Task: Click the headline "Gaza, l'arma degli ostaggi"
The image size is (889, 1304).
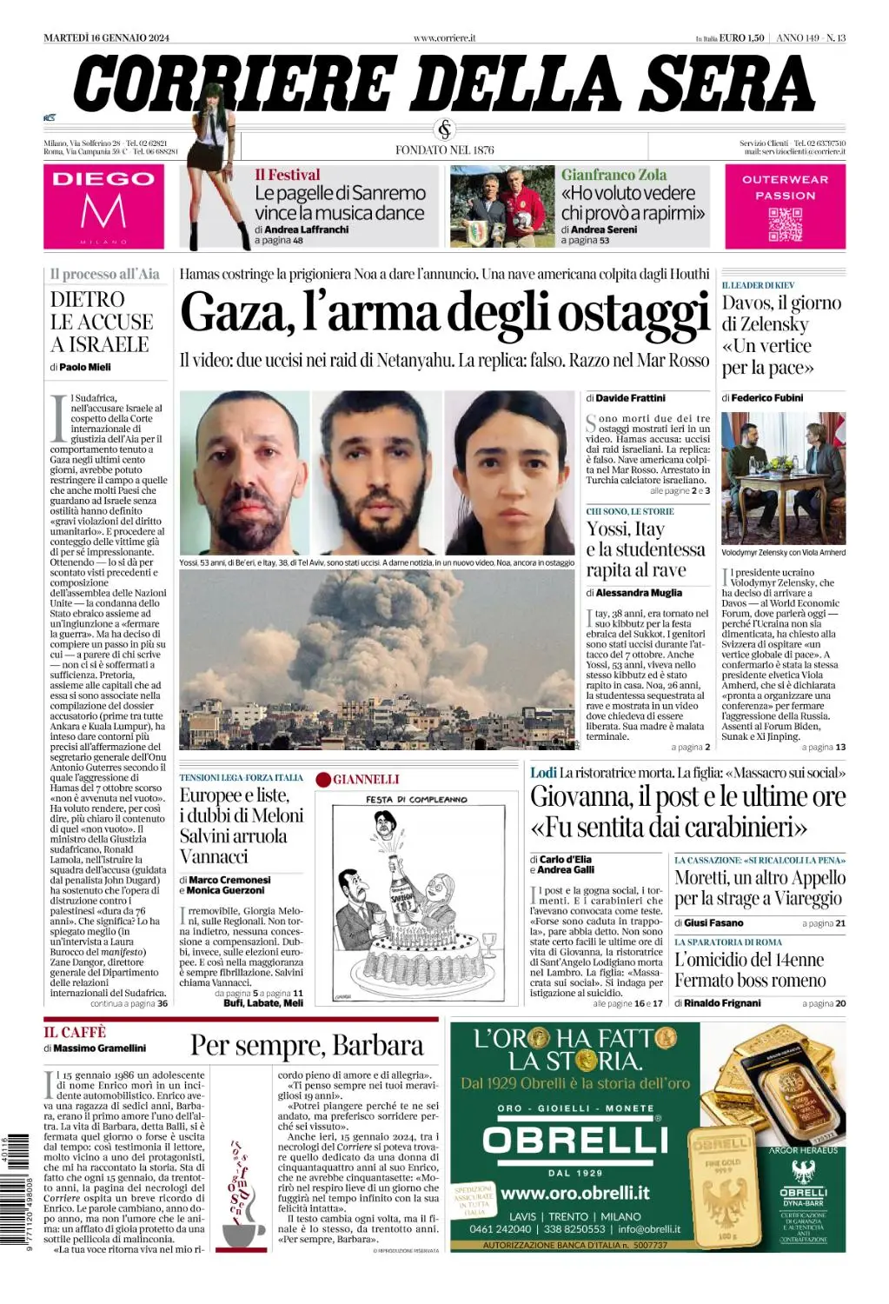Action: (x=444, y=313)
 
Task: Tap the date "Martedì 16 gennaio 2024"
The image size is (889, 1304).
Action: (x=106, y=37)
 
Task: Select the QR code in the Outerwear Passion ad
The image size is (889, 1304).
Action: (x=785, y=224)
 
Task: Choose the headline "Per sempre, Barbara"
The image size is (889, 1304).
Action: (x=307, y=1045)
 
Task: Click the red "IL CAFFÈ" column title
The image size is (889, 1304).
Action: (x=75, y=1032)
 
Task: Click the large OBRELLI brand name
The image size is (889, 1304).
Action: (x=575, y=1140)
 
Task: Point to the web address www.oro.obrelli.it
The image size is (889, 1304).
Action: (x=575, y=1193)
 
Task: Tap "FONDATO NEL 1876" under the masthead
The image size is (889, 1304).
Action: (x=444, y=150)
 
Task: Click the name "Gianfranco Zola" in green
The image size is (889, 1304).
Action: (x=614, y=175)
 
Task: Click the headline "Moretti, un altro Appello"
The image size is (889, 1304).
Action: (x=760, y=888)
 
